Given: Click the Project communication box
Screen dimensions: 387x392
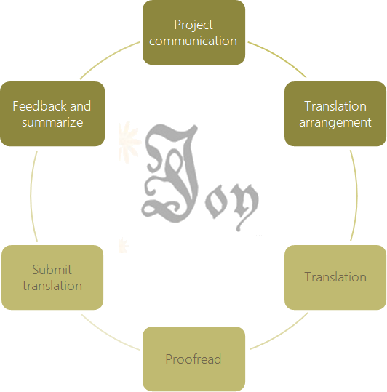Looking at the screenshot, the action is tap(193, 33).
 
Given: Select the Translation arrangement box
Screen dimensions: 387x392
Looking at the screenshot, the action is tap(335, 113).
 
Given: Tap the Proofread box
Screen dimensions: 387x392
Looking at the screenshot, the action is tap(193, 359).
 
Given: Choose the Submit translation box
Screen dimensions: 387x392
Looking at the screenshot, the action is tap(52, 278).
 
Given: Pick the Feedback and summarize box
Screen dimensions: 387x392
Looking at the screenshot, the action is tap(52, 113).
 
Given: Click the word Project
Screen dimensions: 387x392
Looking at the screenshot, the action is tap(193, 25).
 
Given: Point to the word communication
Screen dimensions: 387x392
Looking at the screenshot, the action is tap(193, 41).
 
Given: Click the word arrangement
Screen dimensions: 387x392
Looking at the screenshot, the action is tap(335, 123).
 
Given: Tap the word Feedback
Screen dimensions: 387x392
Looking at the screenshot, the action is tap(40, 106).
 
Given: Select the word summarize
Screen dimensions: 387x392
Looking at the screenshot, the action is tap(52, 122).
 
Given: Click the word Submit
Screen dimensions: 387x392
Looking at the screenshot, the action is tap(52, 270).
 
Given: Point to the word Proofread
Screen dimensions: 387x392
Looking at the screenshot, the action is tap(193, 359).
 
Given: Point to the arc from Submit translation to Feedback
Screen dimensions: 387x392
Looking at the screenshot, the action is tap(31, 196).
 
